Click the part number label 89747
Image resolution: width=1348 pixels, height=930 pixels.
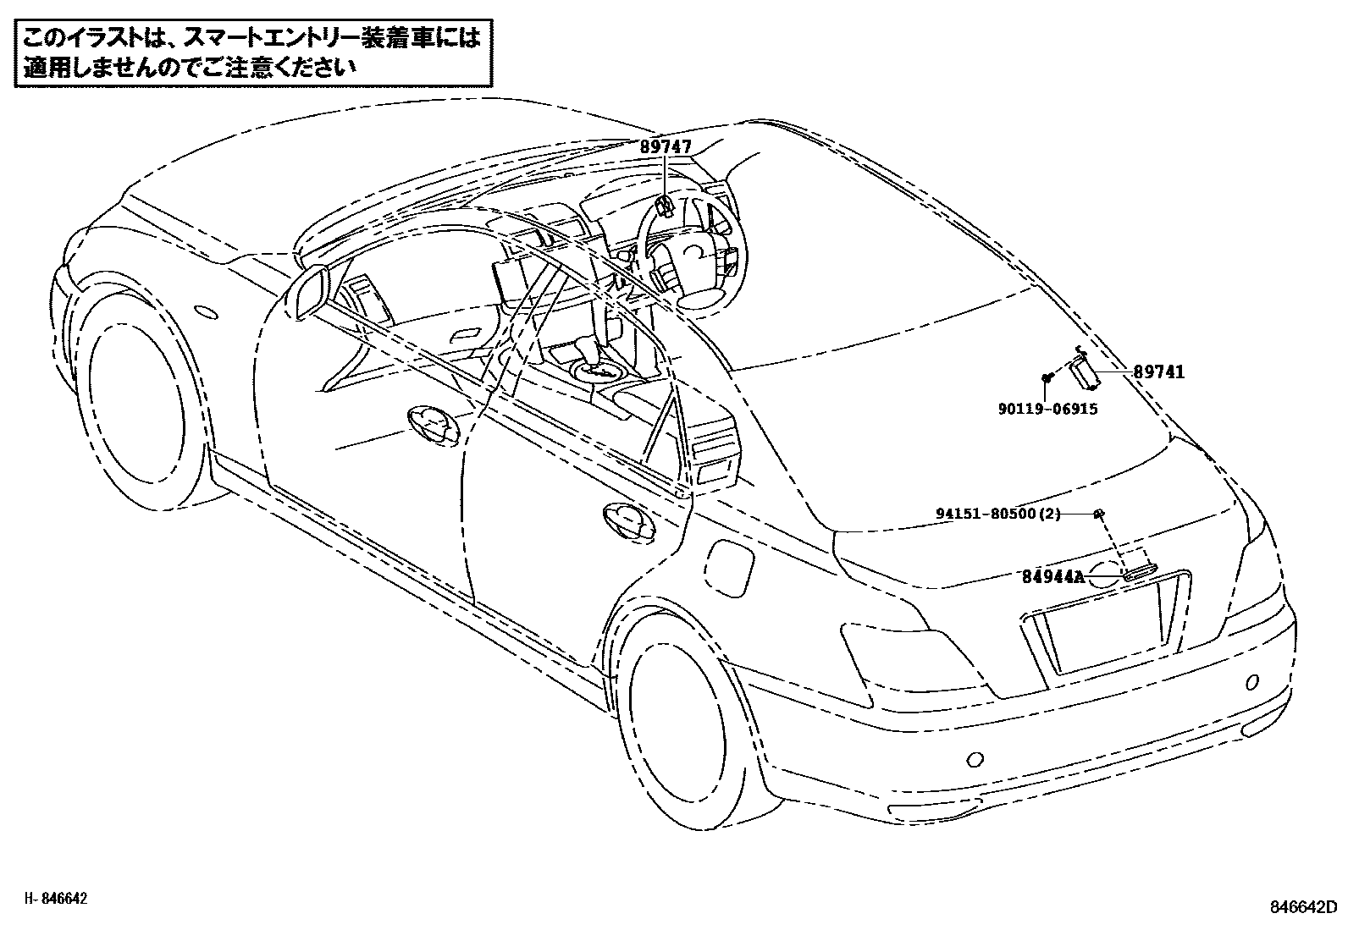tap(665, 147)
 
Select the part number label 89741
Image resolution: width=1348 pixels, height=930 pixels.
tap(1159, 371)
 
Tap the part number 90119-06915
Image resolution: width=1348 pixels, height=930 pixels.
tap(1047, 409)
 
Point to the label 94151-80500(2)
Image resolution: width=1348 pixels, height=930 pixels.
tap(998, 514)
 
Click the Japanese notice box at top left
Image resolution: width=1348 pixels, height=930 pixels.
tap(251, 53)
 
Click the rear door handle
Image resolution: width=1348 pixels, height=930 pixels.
tap(627, 520)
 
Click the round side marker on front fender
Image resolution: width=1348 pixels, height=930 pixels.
tap(206, 312)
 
